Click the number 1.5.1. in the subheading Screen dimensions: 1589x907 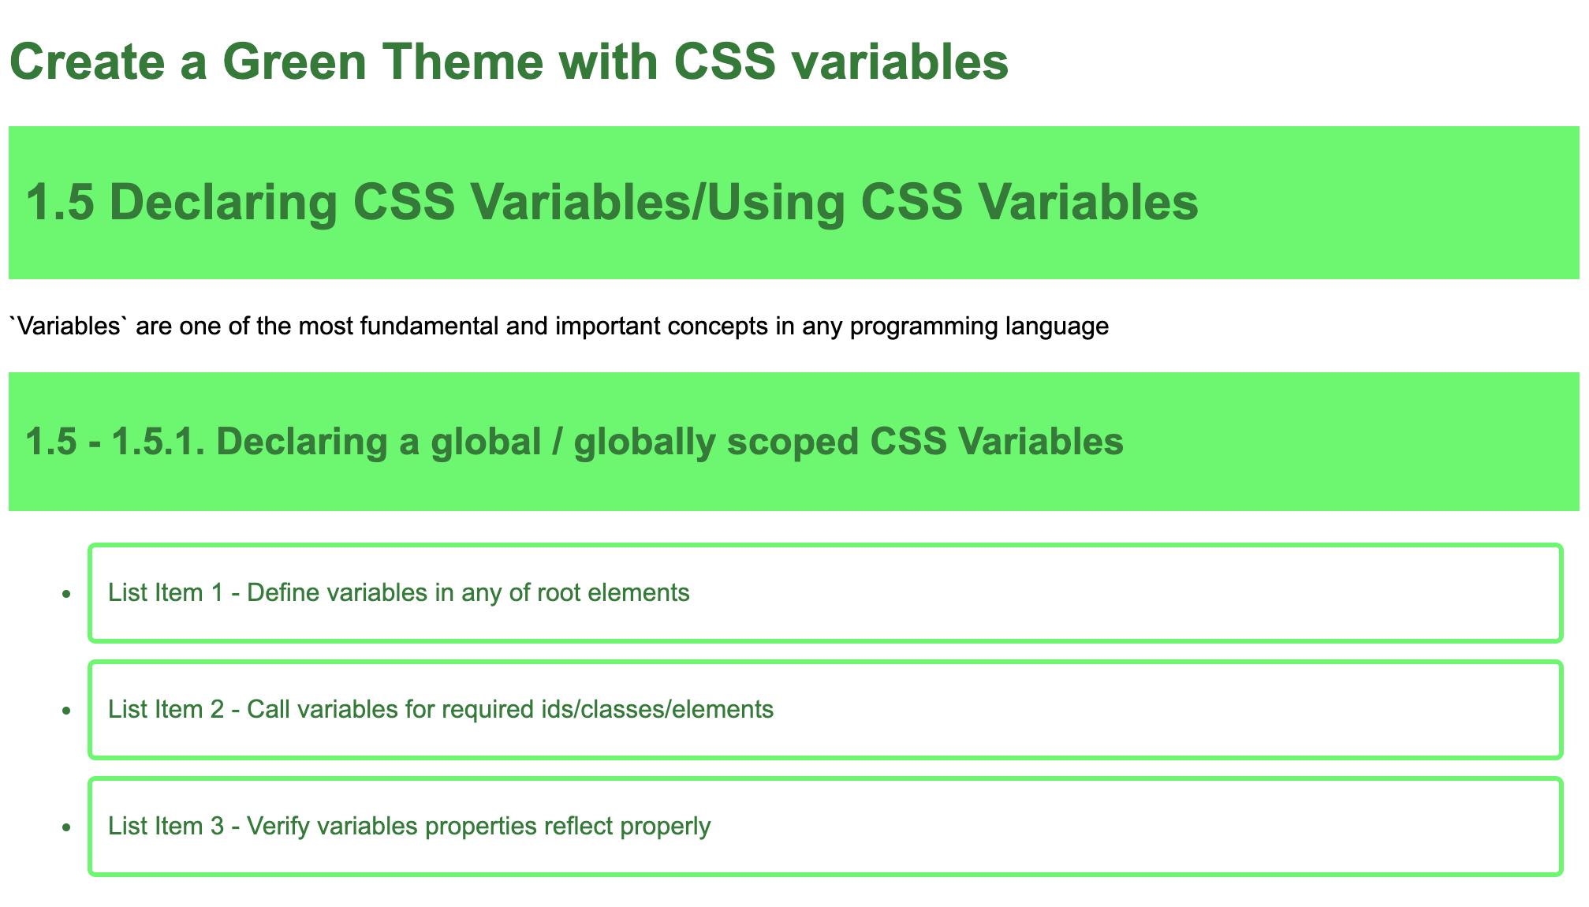point(159,442)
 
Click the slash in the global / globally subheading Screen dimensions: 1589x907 point(558,442)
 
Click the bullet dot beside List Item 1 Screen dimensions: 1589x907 point(67,593)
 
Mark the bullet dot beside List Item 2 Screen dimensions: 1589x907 point(67,711)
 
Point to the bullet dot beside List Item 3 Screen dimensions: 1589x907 point(67,827)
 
